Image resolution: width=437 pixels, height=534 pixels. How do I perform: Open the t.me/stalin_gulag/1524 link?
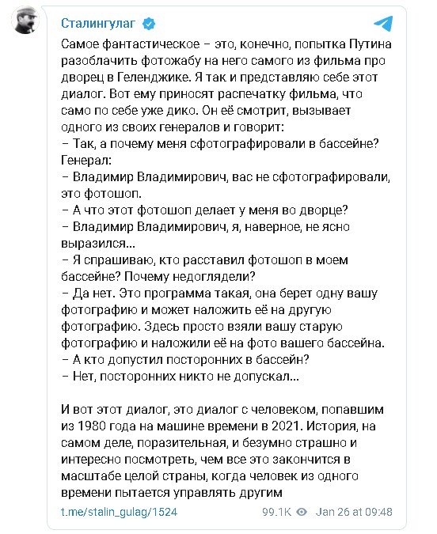pyautogui.click(x=119, y=512)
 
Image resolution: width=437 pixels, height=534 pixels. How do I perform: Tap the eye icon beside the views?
pyautogui.click(x=302, y=512)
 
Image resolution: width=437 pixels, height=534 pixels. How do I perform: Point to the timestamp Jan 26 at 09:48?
pyautogui.click(x=353, y=512)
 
